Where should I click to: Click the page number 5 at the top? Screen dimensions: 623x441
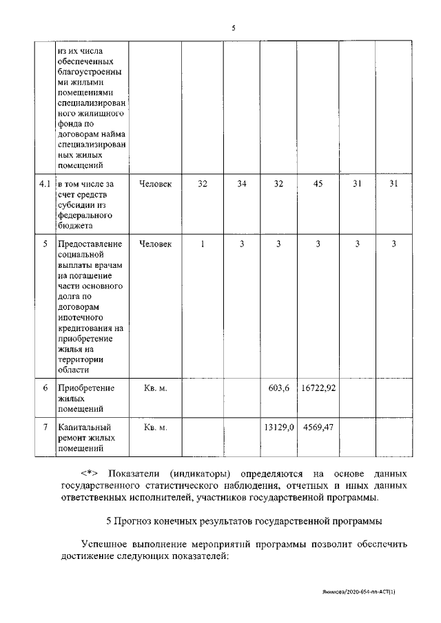tap(234, 28)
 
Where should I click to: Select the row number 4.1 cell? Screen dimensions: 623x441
tap(45, 184)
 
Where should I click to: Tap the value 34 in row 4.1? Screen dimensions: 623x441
tap(241, 184)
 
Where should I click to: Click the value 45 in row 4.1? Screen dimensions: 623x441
tap(317, 184)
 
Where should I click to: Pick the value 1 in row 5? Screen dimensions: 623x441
tap(202, 244)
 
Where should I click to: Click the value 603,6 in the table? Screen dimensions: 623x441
tap(278, 388)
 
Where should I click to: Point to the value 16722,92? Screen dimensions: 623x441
tap(318, 388)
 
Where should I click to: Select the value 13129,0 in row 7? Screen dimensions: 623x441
tap(278, 427)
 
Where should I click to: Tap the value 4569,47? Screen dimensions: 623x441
tap(318, 427)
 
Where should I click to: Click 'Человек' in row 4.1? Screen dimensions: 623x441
tap(156, 184)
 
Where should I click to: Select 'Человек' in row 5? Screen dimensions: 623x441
tap(156, 244)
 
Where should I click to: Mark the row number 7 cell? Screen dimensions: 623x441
tap(45, 427)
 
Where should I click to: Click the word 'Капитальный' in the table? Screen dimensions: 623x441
tap(86, 427)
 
